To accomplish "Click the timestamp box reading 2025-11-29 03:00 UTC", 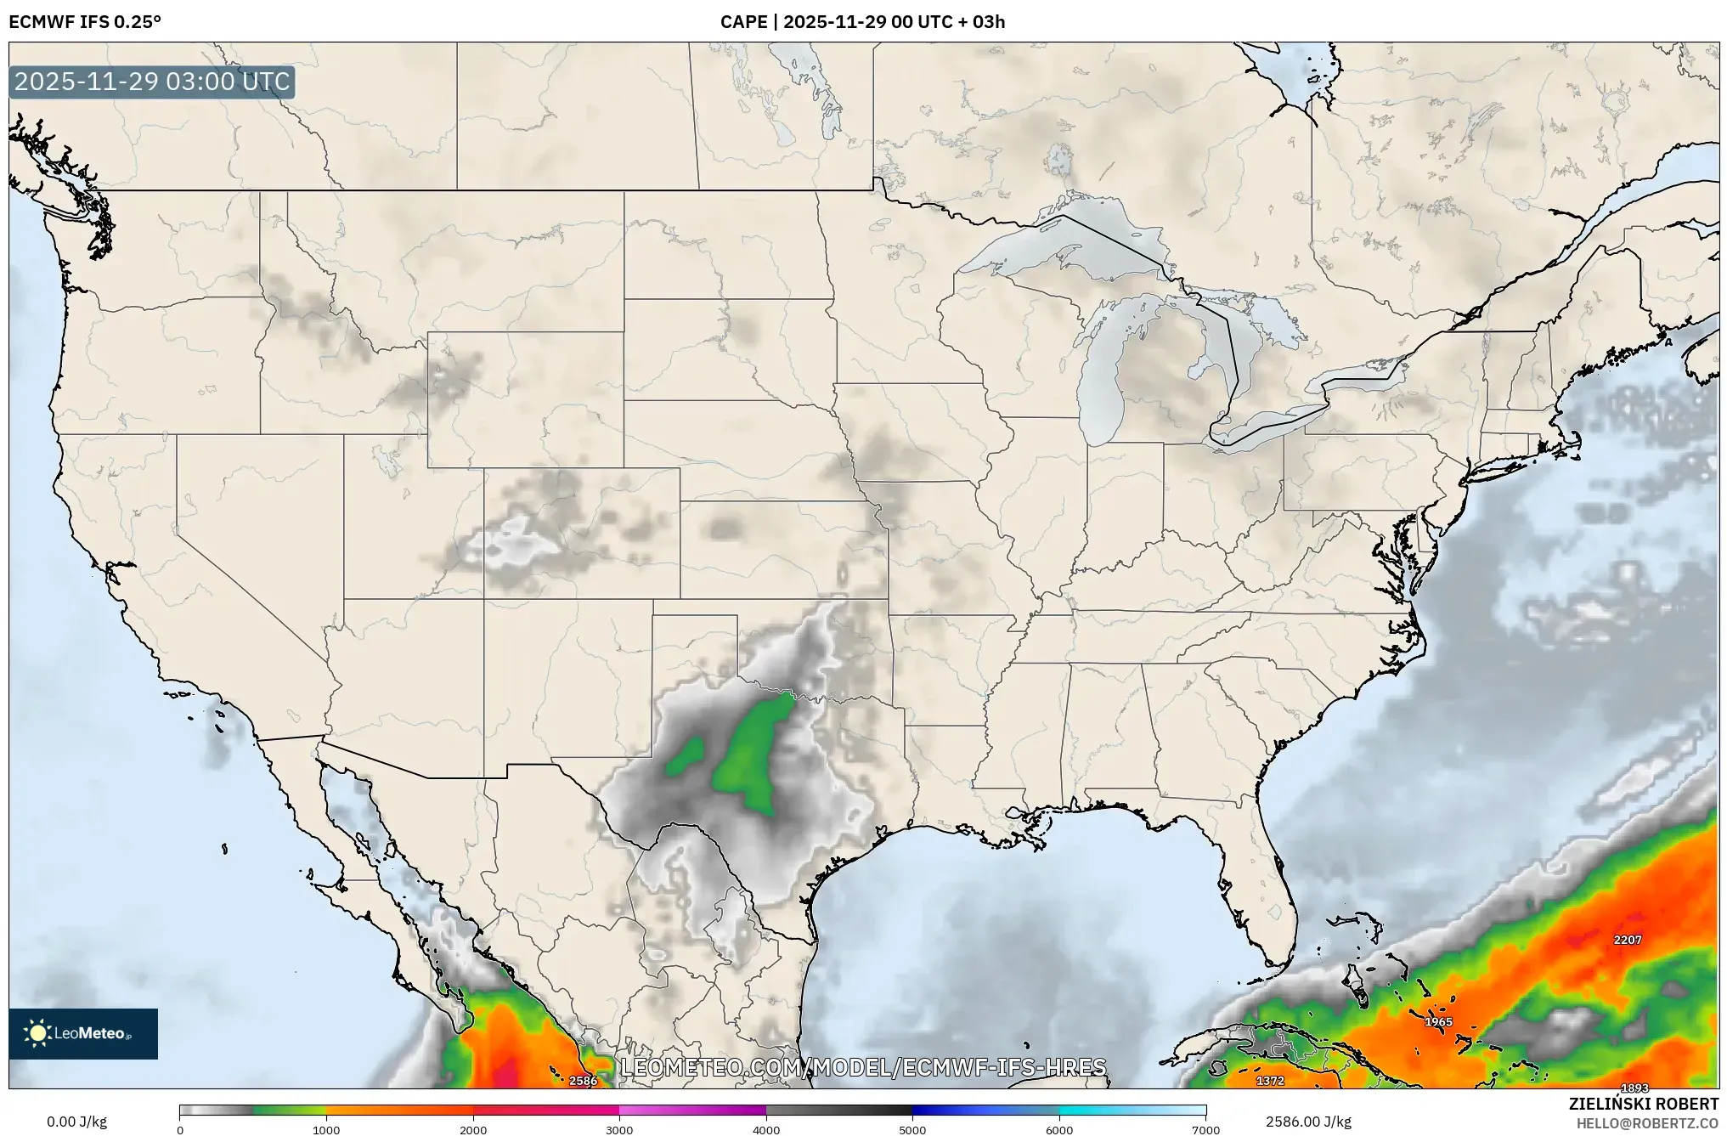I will pos(152,82).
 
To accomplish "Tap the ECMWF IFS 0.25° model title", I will pos(84,22).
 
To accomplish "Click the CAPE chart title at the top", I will pos(862,22).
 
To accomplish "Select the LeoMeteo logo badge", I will pos(83,1033).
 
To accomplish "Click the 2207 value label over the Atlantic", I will pos(1628,940).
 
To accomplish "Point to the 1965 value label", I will pos(1438,1022).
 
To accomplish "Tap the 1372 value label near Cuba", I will pos(1270,1081).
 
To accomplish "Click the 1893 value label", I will pos(1634,1088).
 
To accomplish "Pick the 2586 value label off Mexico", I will pos(583,1081).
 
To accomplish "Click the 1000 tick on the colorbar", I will pos(326,1130).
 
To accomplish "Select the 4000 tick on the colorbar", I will pos(766,1130).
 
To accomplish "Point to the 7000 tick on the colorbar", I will pos(1205,1130).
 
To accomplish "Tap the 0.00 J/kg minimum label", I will pos(77,1122).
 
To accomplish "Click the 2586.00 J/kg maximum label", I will pos(1308,1122).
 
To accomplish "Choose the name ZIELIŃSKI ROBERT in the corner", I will pos(1643,1104).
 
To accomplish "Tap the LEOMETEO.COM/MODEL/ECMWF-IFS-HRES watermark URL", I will pos(863,1067).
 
